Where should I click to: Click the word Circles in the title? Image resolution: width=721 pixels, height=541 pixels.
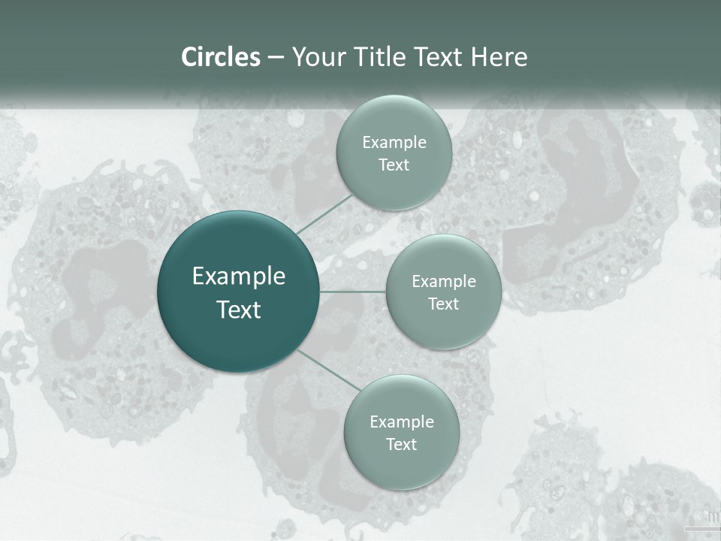[221, 57]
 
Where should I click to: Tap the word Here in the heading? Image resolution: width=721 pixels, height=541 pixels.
[499, 57]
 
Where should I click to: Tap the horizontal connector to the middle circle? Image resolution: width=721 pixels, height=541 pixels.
[352, 291]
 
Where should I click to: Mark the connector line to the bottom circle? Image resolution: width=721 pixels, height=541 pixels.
[328, 370]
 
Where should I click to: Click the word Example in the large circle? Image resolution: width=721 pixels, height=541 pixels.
[239, 277]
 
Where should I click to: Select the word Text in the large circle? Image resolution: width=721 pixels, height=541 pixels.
[239, 310]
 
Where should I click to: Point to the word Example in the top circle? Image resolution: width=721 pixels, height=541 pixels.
[394, 143]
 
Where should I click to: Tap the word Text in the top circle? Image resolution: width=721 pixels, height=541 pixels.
[394, 165]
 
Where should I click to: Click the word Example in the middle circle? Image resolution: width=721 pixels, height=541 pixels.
[444, 282]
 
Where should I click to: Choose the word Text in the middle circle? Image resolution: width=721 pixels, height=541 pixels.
[444, 304]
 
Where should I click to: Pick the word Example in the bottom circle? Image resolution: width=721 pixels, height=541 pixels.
[402, 422]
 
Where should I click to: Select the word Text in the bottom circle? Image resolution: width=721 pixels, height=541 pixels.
[402, 445]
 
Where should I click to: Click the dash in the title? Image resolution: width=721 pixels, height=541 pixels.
[276, 57]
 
